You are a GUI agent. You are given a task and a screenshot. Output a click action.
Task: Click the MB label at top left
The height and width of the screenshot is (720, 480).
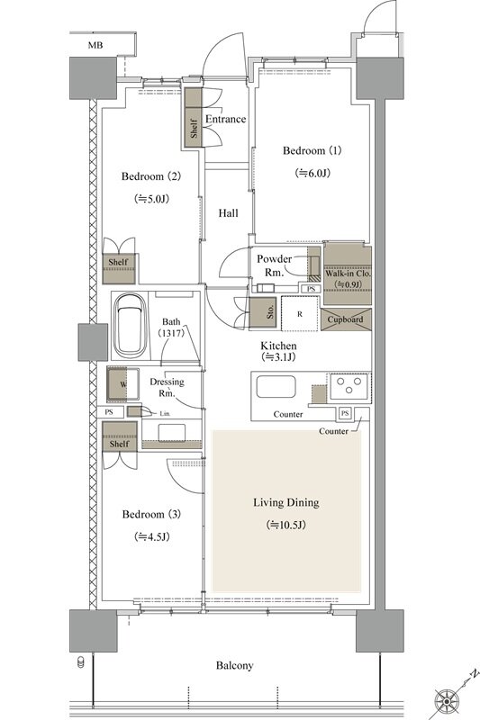95,45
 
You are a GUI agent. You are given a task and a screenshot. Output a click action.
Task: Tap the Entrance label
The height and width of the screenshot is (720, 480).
225,119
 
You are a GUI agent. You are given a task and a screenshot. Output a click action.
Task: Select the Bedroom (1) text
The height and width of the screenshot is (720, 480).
312,150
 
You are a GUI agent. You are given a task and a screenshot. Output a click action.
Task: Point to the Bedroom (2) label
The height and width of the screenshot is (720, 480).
151,176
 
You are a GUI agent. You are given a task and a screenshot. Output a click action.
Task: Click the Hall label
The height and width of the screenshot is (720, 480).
228,213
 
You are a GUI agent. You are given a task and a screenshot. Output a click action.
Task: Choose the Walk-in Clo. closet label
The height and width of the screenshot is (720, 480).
349,274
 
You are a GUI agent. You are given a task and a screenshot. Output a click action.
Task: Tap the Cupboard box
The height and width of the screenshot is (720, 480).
346,319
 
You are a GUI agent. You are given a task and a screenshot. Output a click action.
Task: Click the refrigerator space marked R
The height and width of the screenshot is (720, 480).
300,313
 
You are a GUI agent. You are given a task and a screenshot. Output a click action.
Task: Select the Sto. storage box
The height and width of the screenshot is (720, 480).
263,312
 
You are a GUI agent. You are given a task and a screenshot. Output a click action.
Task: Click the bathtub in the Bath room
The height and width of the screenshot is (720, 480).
131,326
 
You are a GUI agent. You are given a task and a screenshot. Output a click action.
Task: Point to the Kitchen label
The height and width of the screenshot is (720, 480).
278,346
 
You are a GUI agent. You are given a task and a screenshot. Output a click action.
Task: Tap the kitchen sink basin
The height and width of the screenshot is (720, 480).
276,387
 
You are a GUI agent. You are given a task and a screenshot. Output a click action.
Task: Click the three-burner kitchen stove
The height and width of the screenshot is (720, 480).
349,385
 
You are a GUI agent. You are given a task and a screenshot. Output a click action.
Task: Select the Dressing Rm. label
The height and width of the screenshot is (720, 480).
167,387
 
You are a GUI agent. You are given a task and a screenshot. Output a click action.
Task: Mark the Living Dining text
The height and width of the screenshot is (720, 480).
286,502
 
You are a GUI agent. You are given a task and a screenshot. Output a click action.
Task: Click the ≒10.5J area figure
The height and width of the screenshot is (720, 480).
286,525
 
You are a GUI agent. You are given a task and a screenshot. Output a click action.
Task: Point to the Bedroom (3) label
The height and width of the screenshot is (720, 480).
151,514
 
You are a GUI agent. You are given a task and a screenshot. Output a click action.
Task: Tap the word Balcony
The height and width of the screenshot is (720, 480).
235,665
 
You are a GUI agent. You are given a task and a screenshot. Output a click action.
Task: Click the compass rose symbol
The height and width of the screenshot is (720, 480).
447,701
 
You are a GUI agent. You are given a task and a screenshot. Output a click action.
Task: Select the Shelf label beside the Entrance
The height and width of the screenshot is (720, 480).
194,129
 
